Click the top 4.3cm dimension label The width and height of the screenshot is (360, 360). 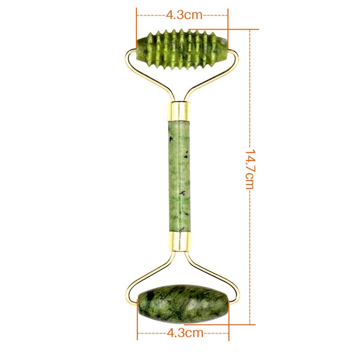184,14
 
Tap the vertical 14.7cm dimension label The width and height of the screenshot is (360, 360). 250,169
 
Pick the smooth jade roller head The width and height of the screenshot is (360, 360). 184,303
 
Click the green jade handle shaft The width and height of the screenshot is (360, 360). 180,175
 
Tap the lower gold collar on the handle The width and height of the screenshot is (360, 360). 180,241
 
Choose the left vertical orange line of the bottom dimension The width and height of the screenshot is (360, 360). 137,322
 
